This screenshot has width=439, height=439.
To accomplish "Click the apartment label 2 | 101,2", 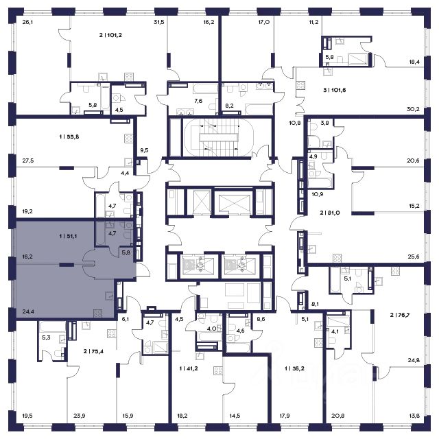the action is click(110, 35).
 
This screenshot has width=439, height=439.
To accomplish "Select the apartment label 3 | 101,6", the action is click(335, 90).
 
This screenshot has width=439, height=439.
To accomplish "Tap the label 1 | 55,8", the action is click(69, 137).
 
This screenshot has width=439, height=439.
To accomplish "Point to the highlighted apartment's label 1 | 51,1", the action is click(68, 236).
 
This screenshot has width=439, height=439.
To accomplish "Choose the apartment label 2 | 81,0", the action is click(330, 213).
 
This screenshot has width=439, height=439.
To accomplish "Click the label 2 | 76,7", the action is click(400, 315).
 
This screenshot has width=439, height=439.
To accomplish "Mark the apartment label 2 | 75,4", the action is click(93, 351).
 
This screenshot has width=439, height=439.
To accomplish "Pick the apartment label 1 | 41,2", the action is click(189, 369).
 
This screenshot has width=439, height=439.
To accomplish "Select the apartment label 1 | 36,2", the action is click(294, 369).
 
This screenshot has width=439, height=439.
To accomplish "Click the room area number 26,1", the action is click(27, 23).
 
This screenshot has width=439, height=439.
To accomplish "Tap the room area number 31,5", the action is click(158, 23).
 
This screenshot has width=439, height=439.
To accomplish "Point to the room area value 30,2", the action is click(413, 110).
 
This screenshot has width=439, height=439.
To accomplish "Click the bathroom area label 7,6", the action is click(198, 101).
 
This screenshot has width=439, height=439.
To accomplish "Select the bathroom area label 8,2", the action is click(230, 106).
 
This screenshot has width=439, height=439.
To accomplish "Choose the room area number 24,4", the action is click(28, 311).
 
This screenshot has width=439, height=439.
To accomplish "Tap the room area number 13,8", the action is click(414, 416).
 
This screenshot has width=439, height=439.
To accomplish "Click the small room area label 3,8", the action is click(324, 123).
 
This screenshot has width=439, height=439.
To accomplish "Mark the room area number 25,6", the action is click(414, 257).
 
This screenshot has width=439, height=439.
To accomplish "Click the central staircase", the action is click(219, 137).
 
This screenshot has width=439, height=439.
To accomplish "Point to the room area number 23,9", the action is click(80, 416).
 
